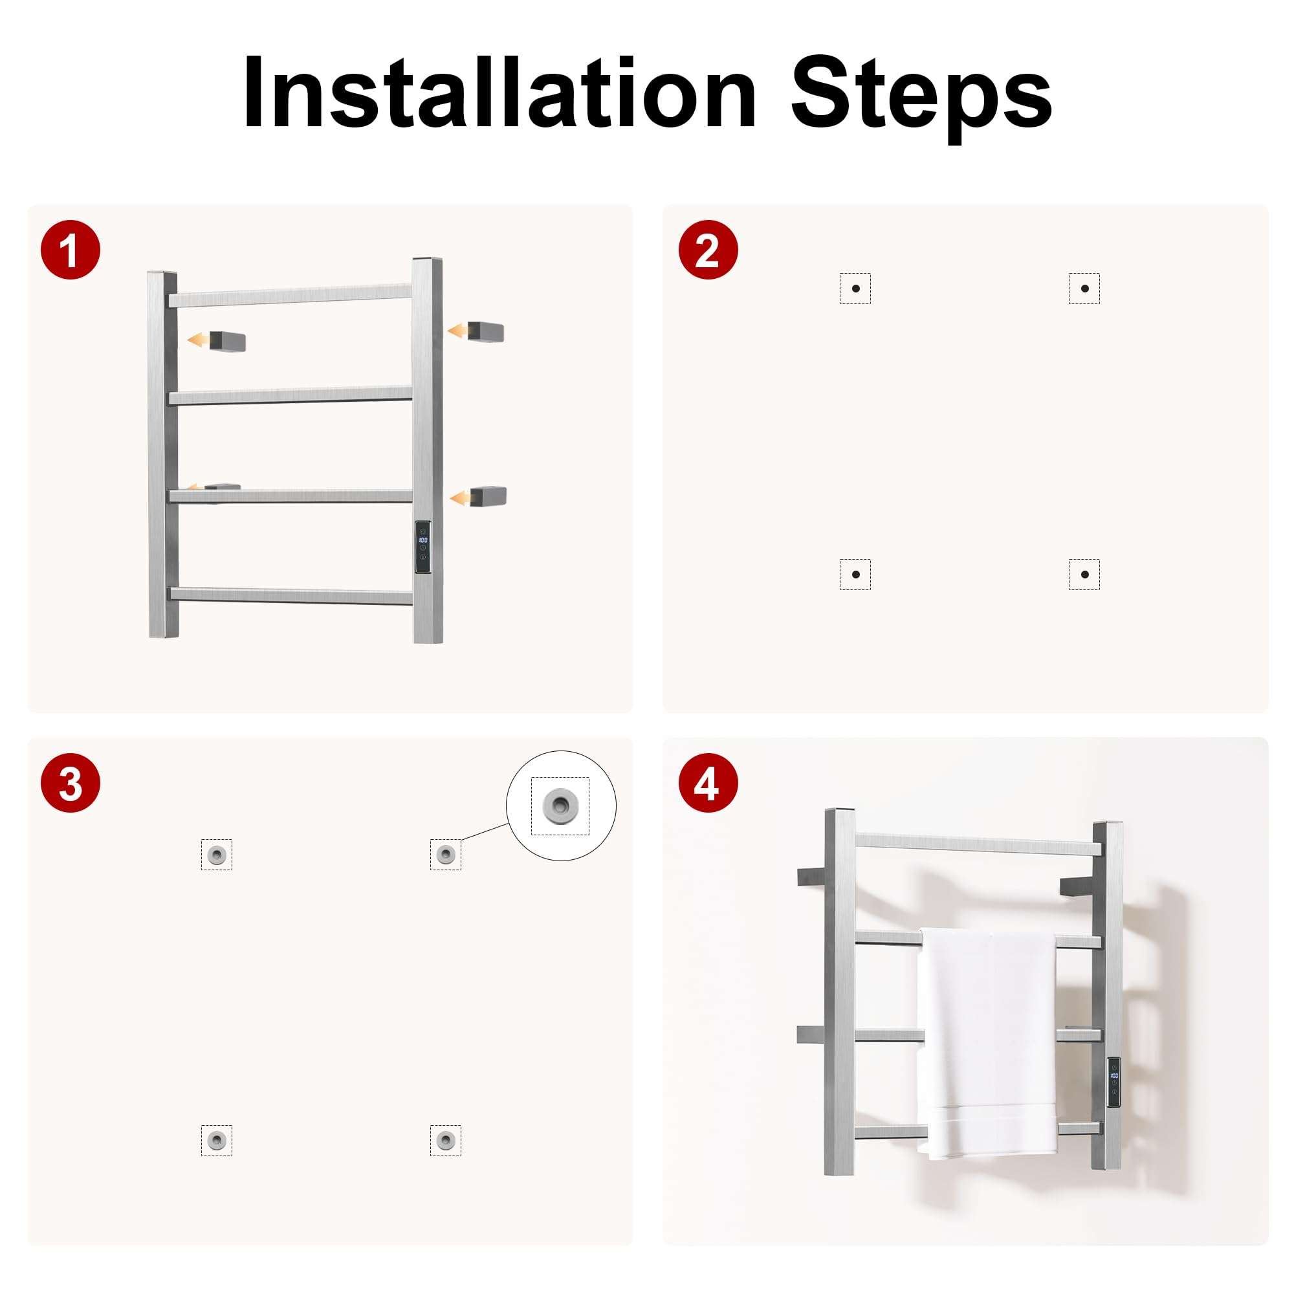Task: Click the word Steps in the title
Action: tap(921, 98)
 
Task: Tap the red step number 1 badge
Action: tap(71, 250)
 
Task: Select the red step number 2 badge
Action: tap(708, 250)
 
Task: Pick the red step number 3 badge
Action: tap(71, 783)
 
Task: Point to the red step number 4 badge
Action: tap(708, 783)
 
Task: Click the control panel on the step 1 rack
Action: tap(422, 547)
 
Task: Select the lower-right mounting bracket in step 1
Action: tap(488, 497)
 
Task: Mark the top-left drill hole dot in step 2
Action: tap(855, 289)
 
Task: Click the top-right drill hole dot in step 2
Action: tap(1084, 289)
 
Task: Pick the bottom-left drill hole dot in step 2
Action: tap(855, 574)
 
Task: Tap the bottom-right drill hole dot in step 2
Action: tap(1084, 574)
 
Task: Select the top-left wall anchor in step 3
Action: tap(216, 855)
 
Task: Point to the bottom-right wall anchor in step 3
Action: tap(445, 1140)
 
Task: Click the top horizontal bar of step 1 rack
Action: tap(290, 296)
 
